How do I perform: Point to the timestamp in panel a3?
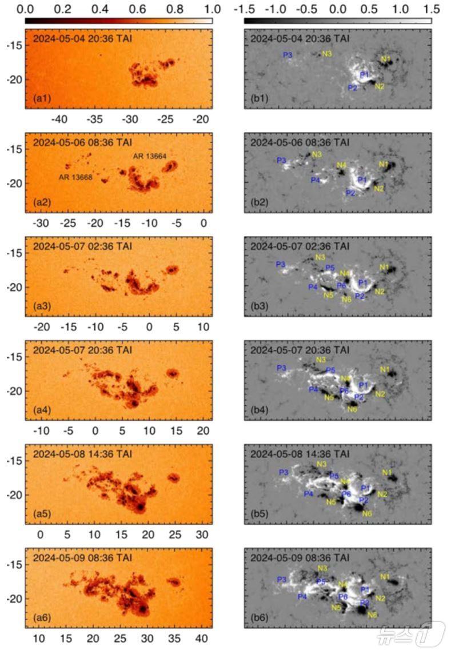(x=83, y=246)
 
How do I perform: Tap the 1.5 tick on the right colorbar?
(x=432, y=9)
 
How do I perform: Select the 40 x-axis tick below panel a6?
(x=201, y=638)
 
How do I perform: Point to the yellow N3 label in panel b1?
(x=327, y=54)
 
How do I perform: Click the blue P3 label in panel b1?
(x=289, y=55)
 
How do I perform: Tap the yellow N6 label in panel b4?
(x=352, y=409)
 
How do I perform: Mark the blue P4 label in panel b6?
(x=302, y=597)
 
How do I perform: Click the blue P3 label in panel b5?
(x=284, y=472)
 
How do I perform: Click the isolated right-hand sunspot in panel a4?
(x=172, y=373)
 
